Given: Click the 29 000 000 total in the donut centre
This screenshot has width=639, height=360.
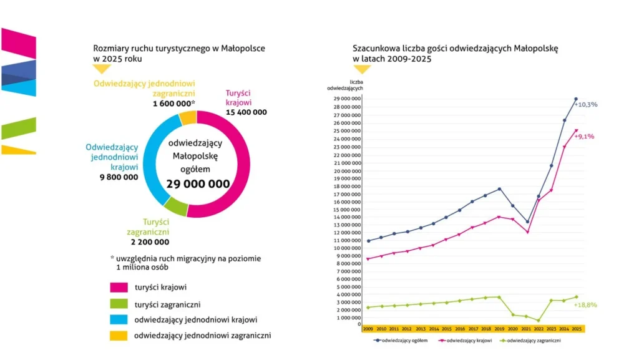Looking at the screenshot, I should (x=198, y=185).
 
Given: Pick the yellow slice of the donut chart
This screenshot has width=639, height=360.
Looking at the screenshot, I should (x=188, y=118).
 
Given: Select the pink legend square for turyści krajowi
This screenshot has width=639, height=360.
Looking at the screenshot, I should (x=119, y=288).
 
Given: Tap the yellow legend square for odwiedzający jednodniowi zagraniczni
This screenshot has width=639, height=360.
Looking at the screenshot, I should (x=119, y=336).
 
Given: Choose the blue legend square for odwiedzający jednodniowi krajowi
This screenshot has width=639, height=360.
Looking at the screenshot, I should (x=119, y=319).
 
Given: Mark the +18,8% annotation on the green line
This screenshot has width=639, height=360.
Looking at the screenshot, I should (x=585, y=304).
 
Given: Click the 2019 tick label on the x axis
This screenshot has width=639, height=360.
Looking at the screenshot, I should (x=499, y=329).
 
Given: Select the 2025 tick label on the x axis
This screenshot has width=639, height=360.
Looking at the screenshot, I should (x=577, y=329).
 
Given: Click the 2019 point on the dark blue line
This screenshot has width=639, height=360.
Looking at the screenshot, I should (x=499, y=189).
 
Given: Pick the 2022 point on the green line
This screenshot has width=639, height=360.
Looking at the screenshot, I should (x=538, y=321).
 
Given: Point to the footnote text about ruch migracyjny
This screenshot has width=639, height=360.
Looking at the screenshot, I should (x=185, y=263).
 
